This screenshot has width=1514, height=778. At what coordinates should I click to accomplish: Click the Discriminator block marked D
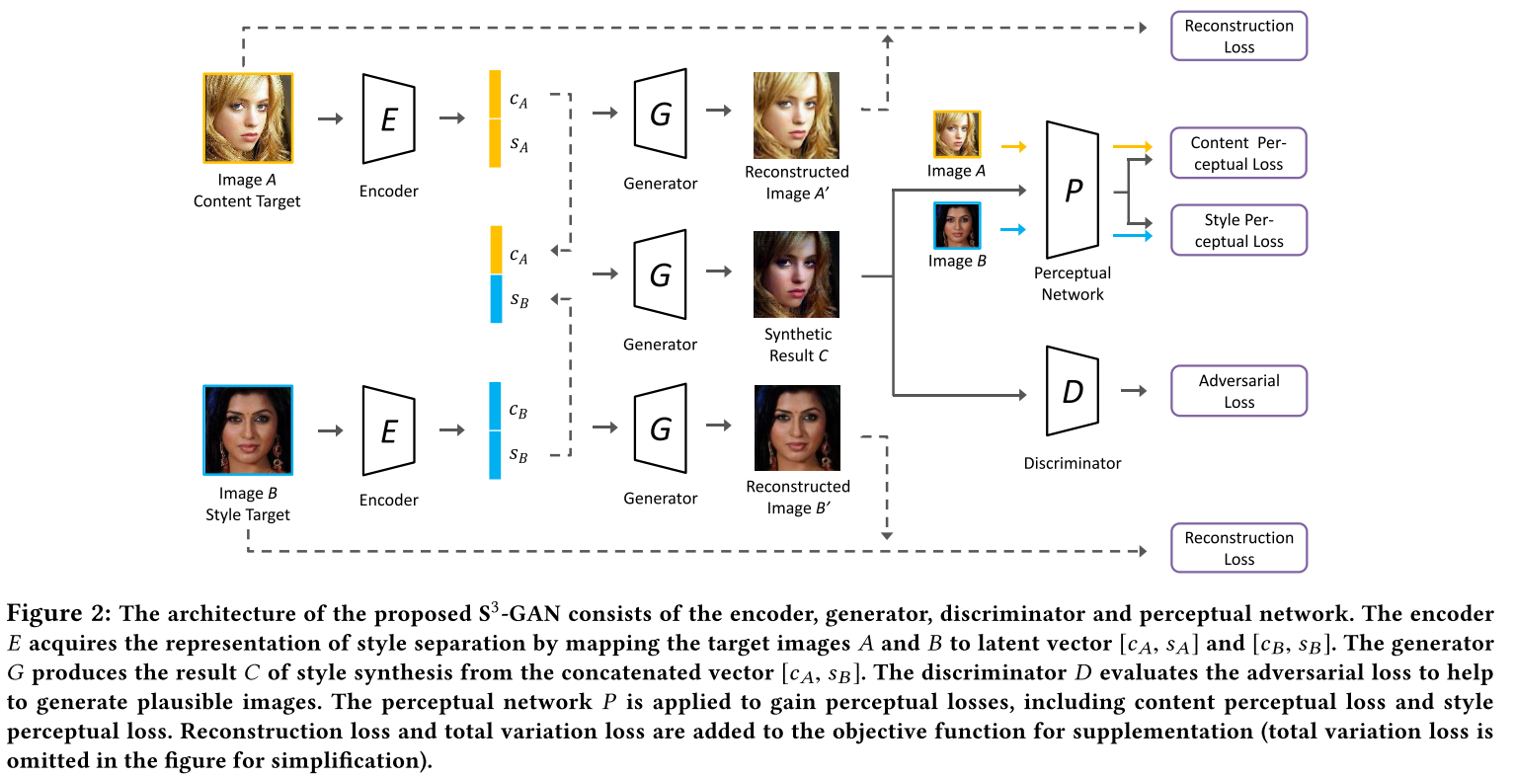click(x=1072, y=391)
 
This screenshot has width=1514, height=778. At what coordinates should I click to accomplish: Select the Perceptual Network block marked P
click(x=1072, y=190)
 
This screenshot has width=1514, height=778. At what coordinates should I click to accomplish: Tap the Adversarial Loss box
click(x=1238, y=391)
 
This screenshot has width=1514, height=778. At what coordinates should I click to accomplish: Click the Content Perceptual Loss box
click(x=1238, y=153)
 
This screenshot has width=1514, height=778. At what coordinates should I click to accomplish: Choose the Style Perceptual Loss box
click(x=1238, y=230)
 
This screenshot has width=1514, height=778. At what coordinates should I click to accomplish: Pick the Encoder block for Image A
click(x=389, y=118)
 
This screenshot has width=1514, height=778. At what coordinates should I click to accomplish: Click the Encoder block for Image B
click(x=389, y=430)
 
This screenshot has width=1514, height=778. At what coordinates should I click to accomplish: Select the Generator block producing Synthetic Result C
click(x=661, y=274)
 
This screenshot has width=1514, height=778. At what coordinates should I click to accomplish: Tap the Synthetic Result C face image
click(x=796, y=274)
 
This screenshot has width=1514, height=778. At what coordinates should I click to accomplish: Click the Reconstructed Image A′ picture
click(x=796, y=116)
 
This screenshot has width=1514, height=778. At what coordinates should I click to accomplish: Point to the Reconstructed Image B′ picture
click(x=797, y=428)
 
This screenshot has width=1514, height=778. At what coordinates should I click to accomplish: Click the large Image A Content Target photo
click(x=248, y=118)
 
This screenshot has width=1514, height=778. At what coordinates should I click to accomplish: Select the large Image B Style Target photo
click(x=248, y=429)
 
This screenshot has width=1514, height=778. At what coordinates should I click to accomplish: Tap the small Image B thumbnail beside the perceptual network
click(x=957, y=225)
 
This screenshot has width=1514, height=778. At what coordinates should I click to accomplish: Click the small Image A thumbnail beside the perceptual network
click(x=957, y=134)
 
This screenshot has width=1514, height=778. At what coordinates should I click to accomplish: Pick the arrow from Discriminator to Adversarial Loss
click(x=1134, y=391)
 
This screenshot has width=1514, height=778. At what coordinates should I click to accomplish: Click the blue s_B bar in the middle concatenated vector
click(x=496, y=299)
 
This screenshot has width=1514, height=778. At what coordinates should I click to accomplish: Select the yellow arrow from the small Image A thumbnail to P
click(x=1014, y=147)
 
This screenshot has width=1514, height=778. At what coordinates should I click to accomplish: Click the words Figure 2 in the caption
click(x=58, y=614)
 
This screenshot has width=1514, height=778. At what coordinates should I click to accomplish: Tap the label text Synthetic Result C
click(x=798, y=345)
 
